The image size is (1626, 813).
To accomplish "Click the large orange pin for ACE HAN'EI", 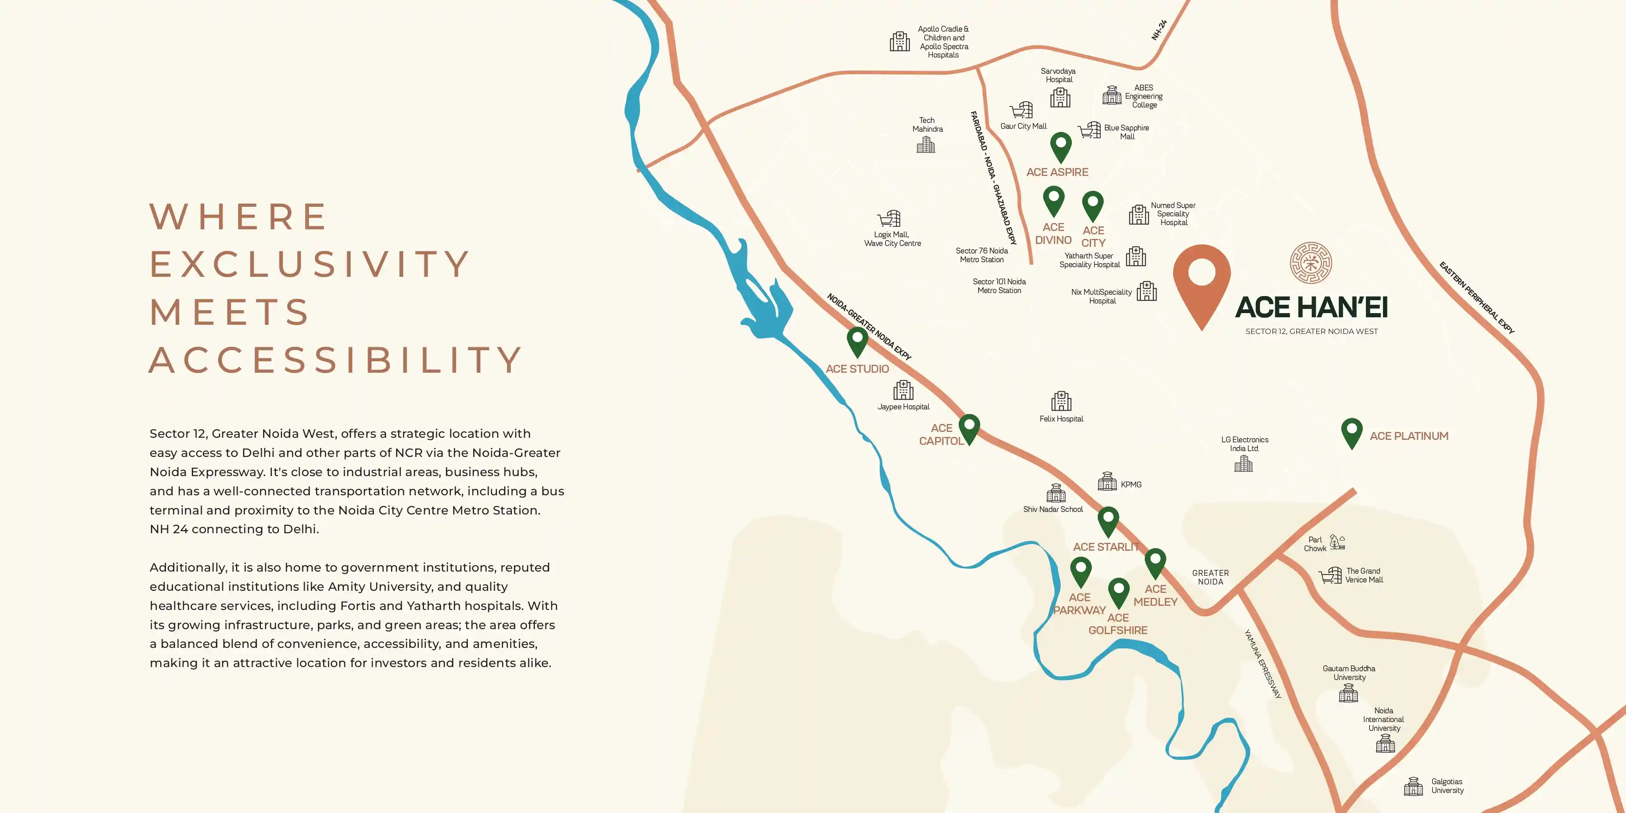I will pos(1201,281).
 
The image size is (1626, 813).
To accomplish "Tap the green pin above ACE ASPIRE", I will pos(1060,146).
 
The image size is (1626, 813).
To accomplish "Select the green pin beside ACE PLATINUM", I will pos(1351,432).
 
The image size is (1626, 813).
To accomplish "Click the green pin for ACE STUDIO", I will pos(857,341).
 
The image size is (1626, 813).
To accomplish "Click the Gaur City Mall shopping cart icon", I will pos(1021,110).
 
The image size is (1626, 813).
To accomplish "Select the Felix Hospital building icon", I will pos(1061,401).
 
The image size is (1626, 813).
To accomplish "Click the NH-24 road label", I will pos(1159,30).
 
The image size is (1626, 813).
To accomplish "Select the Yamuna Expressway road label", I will pos(1262,663).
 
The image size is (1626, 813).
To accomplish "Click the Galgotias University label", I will pos(1447,786).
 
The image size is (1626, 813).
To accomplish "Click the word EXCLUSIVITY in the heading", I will pos(309,264).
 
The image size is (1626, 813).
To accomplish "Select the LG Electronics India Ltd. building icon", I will pos(1243,464).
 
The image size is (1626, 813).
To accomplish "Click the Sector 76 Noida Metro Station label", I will pos(981,255).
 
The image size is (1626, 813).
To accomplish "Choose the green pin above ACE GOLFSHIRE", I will pos(1119,592).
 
